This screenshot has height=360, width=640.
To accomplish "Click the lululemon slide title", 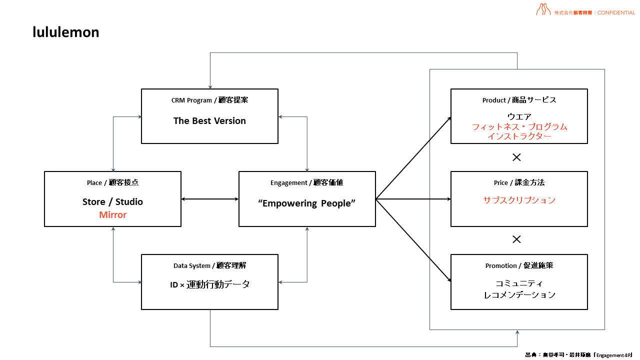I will pos(66,32).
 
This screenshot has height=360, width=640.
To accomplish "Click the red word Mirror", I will pos(112,215).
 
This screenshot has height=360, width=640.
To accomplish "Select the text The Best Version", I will pos(209,121).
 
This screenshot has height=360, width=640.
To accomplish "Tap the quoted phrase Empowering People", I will pos(307,203).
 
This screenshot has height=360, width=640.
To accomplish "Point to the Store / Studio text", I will pos(112,202).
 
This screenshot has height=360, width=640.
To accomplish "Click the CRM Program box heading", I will pos(209,100).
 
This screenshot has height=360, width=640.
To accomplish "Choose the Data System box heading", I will pos(209,265).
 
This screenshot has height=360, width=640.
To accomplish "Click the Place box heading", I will pos(112,183).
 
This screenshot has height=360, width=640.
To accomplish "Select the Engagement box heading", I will pos(307,183).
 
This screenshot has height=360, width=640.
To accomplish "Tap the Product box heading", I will pos(519,100).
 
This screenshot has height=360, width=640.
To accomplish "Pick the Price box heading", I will pos(519,183).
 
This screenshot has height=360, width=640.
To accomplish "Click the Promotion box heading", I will pos(519,265).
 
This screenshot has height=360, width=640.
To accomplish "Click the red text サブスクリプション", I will pos(519,200).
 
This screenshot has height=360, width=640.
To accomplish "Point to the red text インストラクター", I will pos(519,136).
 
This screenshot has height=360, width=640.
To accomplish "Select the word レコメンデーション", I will pos(519,295).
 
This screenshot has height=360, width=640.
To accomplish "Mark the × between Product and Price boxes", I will pos(516,157).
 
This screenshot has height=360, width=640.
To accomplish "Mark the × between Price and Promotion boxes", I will pos(516,239).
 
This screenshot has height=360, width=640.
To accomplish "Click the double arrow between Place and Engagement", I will pos(209,199).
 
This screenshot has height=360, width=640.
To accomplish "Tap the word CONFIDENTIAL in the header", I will pos(616,12).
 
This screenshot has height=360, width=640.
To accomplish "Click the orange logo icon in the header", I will pos(543,9).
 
